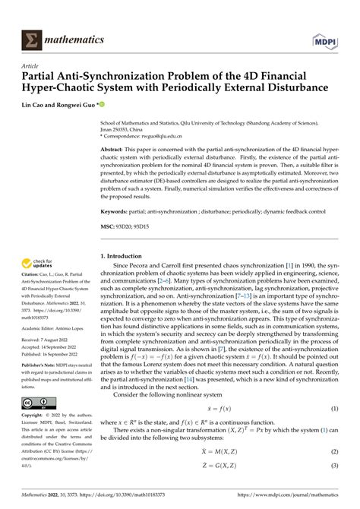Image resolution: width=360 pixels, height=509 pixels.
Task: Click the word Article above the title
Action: (33, 66)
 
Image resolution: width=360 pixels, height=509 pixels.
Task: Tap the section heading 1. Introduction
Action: (125, 257)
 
